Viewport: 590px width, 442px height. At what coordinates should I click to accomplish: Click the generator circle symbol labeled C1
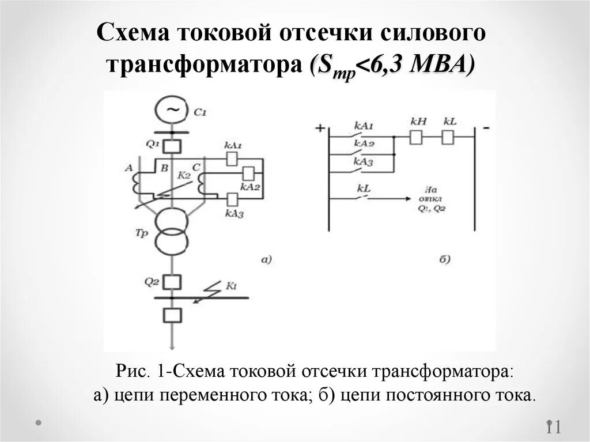pyautogui.click(x=171, y=109)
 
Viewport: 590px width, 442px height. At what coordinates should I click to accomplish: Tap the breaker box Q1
pyautogui.click(x=172, y=145)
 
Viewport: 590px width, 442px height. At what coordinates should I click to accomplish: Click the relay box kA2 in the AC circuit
pyautogui.click(x=249, y=173)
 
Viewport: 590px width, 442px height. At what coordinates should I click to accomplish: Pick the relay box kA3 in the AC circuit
pyautogui.click(x=232, y=199)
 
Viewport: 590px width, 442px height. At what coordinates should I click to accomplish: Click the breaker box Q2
pyautogui.click(x=172, y=282)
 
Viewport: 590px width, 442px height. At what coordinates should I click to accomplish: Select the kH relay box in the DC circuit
pyautogui.click(x=415, y=137)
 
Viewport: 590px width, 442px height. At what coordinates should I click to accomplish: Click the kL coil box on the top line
pyautogui.click(x=448, y=137)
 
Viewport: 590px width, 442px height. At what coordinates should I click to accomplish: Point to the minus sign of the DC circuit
pyautogui.click(x=487, y=128)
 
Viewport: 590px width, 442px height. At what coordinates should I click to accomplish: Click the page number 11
pyautogui.click(x=553, y=427)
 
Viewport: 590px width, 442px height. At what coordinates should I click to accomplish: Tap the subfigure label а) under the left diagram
pyautogui.click(x=266, y=260)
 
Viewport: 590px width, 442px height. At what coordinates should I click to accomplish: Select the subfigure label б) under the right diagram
pyautogui.click(x=444, y=260)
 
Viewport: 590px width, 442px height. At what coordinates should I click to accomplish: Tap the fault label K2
pyautogui.click(x=183, y=175)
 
